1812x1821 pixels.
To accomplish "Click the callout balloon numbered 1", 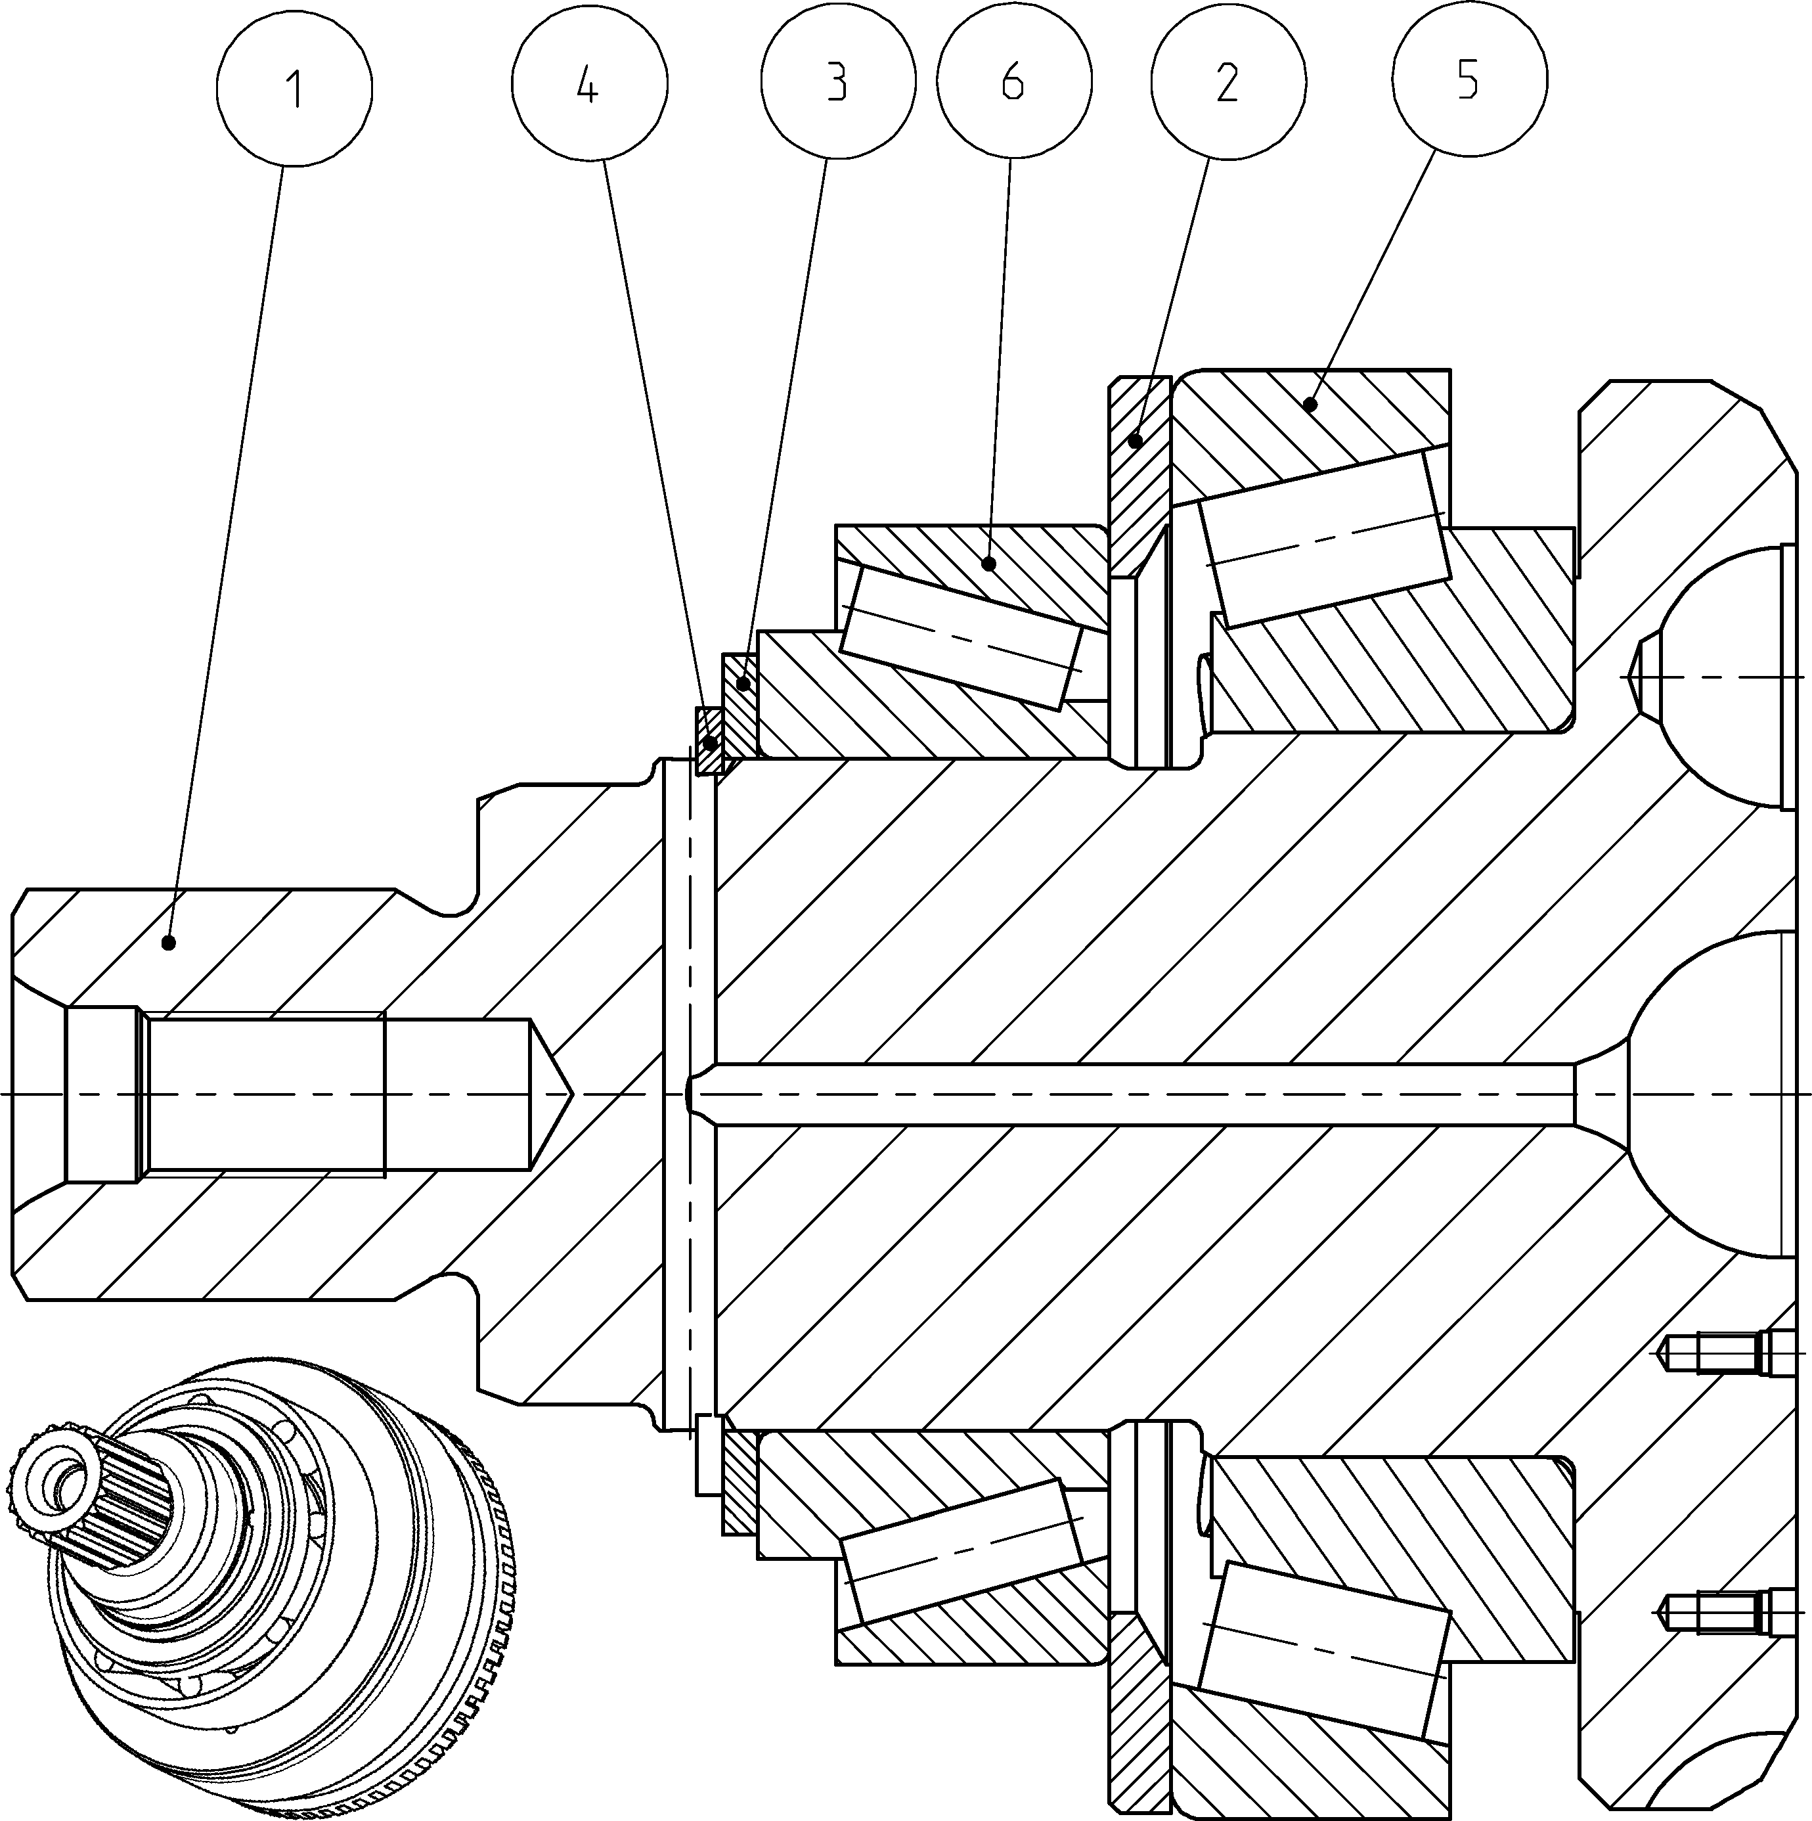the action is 294,87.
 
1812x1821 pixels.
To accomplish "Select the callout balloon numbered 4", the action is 589,85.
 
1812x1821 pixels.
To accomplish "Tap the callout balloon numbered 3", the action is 837,82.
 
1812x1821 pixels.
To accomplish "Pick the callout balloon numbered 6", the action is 1014,82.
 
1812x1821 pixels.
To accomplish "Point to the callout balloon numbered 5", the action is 1469,80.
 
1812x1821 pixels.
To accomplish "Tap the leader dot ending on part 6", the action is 989,564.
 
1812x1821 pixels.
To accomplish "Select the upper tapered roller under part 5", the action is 1324,538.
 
